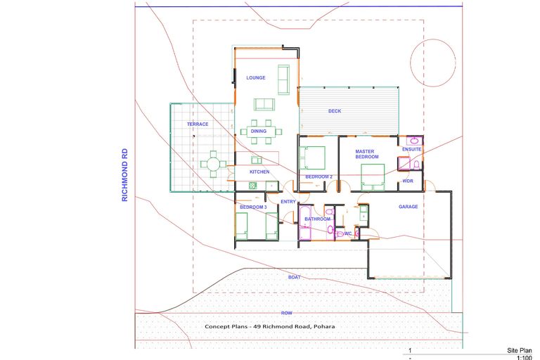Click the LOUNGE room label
255,77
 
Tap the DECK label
335,111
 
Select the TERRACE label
198,124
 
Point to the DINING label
258,131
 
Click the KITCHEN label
259,172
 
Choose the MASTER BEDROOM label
366,154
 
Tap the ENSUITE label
411,150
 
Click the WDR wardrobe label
408,181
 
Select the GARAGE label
409,207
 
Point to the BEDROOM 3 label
252,207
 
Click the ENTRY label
288,202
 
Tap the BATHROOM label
317,219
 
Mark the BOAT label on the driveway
294,277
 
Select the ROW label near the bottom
287,312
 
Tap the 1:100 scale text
525,358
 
